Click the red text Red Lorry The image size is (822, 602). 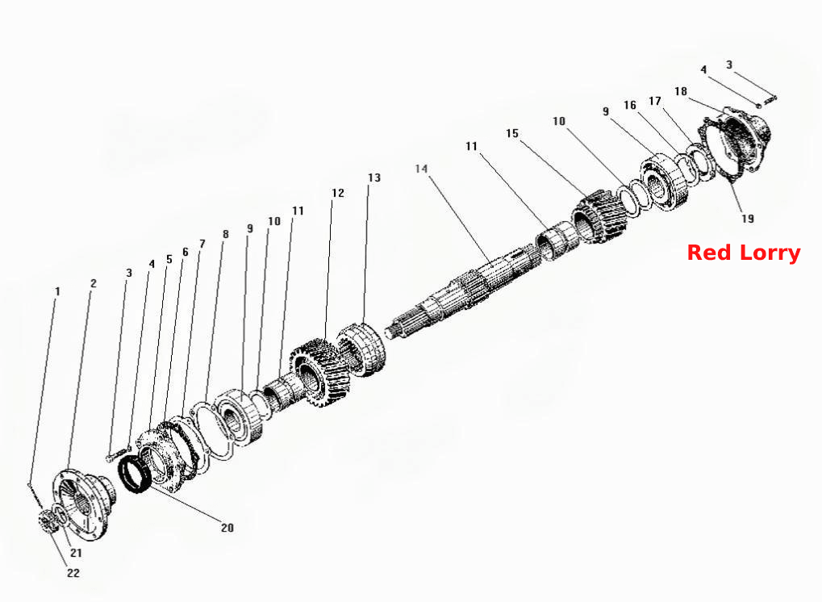tap(744, 253)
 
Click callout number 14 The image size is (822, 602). tap(421, 169)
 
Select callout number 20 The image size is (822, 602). tap(227, 528)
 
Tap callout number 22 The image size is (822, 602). tap(73, 573)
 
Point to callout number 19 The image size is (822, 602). tap(748, 218)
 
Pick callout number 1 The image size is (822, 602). tap(57, 291)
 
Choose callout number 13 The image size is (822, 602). tap(373, 178)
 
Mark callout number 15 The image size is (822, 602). tap(512, 133)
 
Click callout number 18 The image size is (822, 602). tap(681, 91)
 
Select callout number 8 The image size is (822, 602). tap(225, 234)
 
